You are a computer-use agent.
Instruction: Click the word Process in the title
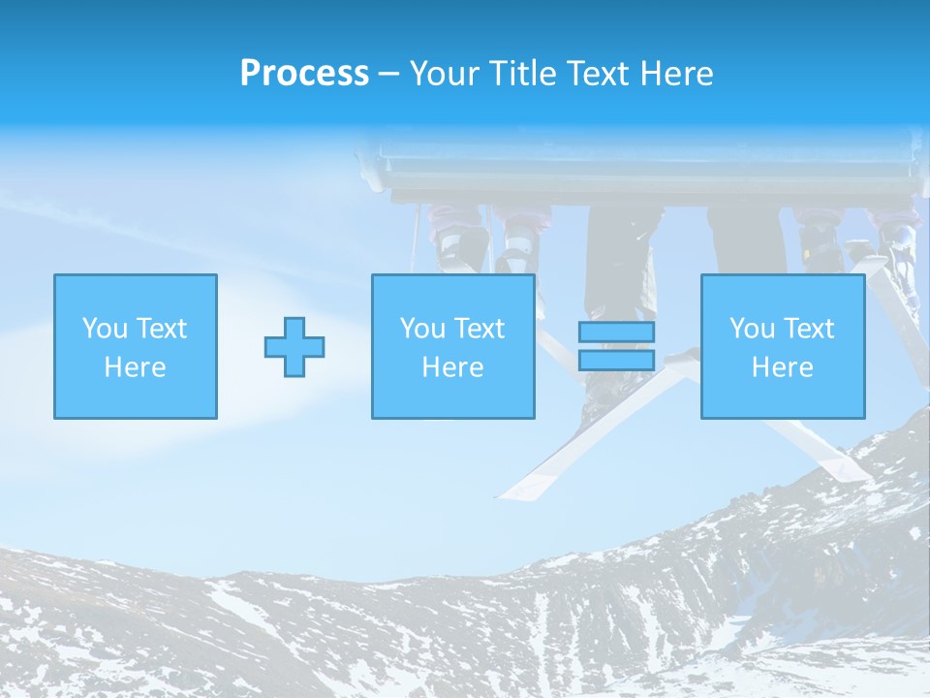point(304,74)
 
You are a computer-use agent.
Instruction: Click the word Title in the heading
point(524,74)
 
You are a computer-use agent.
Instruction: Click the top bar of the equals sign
point(616,333)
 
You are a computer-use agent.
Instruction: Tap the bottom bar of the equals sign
point(616,360)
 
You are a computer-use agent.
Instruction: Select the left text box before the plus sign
point(136,346)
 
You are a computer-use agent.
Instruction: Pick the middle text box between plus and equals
point(452,346)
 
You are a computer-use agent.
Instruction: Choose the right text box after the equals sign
point(782,346)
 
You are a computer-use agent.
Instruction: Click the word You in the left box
point(105,329)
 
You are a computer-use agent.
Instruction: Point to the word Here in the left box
point(136,367)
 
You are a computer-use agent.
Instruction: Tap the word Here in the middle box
point(452,367)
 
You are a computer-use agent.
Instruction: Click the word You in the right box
point(752,329)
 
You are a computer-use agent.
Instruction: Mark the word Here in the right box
point(782,367)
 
